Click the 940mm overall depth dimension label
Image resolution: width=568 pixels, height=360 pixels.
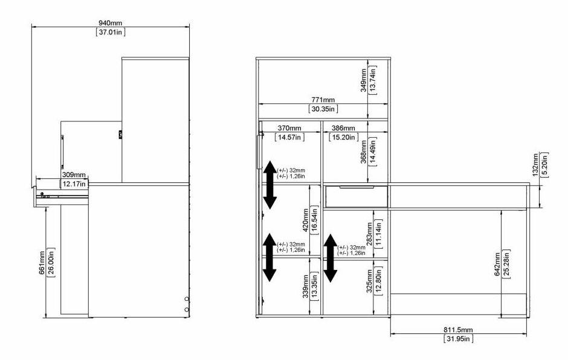tap(111, 23)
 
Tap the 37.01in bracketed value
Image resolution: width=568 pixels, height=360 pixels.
tap(111, 32)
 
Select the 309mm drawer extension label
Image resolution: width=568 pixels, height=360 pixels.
tap(74, 175)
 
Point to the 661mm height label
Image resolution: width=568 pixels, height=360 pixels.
tap(42, 263)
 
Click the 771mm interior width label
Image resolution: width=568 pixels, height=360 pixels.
tap(323, 100)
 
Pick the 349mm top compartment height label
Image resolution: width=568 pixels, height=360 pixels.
tap(364, 80)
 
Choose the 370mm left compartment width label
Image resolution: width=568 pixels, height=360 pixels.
tap(289, 128)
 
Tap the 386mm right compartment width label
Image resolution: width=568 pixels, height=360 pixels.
tap(343, 128)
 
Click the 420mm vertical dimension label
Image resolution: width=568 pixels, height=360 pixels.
tap(305, 220)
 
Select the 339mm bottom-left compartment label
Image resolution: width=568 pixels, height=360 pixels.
tap(305, 286)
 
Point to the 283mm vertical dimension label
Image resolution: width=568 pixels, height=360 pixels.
tap(369, 234)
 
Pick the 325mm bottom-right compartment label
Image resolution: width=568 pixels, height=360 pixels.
tap(369, 281)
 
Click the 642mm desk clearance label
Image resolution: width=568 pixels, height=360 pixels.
tap(497, 264)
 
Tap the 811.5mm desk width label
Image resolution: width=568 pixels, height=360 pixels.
tap(458, 330)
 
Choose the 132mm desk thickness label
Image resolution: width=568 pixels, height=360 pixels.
tap(535, 165)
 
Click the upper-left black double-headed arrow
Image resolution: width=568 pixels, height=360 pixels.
tap(269, 185)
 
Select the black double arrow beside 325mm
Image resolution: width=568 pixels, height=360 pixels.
tap(331, 259)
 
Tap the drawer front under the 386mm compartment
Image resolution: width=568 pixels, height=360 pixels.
tap(356, 197)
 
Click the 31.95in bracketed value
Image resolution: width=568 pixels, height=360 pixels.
tap(458, 339)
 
